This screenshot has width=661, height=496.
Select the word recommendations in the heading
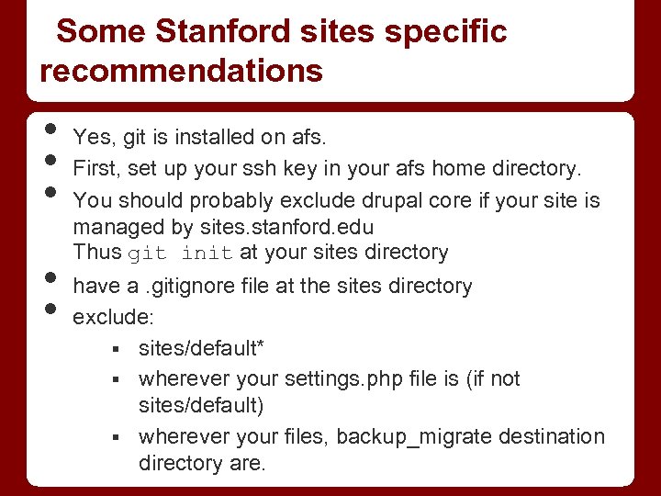pos(182,71)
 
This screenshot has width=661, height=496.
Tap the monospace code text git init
pos(180,253)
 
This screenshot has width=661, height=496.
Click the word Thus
pos(96,253)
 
